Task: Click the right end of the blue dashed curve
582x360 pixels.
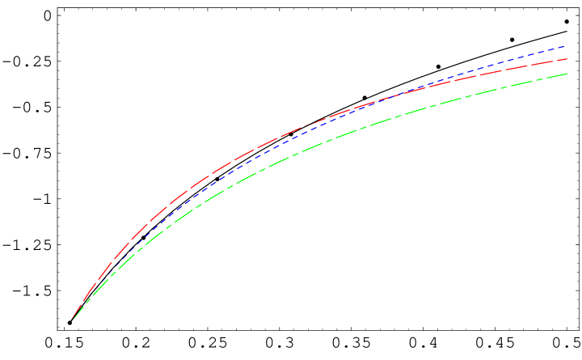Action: (x=564, y=46)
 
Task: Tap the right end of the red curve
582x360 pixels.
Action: (x=567, y=59)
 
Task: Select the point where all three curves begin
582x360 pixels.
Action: (x=72, y=321)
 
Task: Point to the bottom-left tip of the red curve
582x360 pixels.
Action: (x=73, y=320)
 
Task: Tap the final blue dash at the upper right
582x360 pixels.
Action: (x=559, y=47)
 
